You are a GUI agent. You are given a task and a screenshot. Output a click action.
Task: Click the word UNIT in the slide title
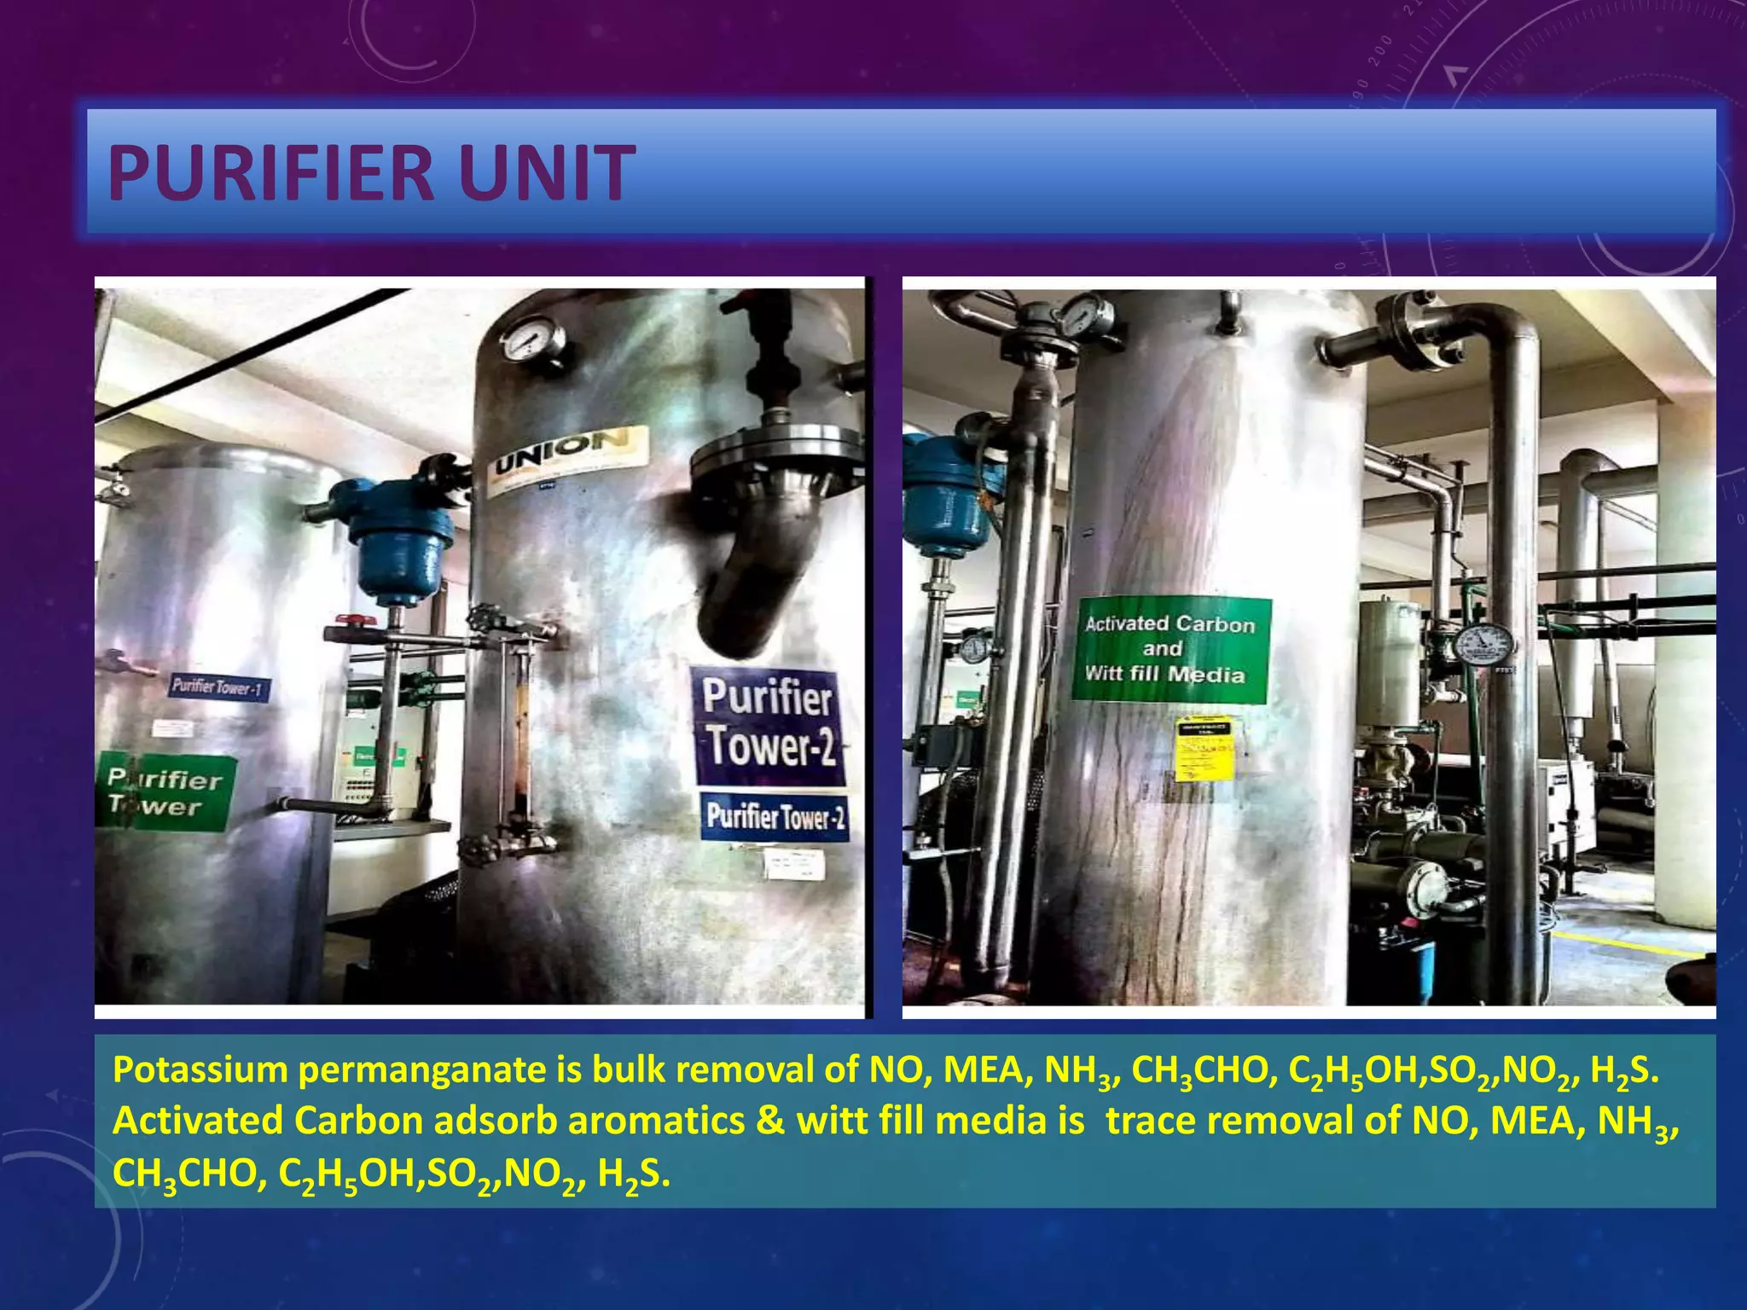point(546,173)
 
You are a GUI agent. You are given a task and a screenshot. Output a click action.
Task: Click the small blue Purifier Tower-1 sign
point(219,687)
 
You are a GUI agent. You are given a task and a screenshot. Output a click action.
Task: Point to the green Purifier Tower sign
point(165,792)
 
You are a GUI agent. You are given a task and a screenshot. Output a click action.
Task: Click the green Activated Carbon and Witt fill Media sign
point(1170,650)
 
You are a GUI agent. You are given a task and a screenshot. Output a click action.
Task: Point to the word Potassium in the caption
point(201,1069)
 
